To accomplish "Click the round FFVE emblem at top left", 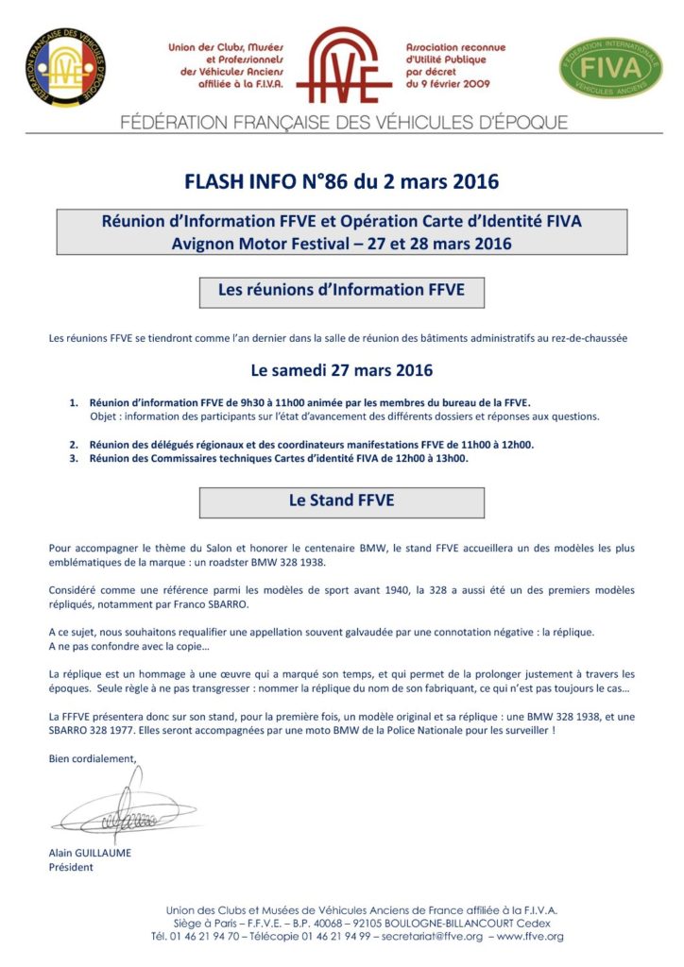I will [x=65, y=67].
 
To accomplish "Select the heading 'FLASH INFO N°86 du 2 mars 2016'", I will [x=341, y=179].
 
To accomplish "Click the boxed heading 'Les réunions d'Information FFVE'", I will [x=341, y=291].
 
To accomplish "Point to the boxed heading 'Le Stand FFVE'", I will [x=341, y=501].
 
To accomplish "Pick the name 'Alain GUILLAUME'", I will [x=90, y=852].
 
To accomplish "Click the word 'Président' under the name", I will [x=71, y=867].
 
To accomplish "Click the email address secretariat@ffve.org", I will [x=431, y=937].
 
